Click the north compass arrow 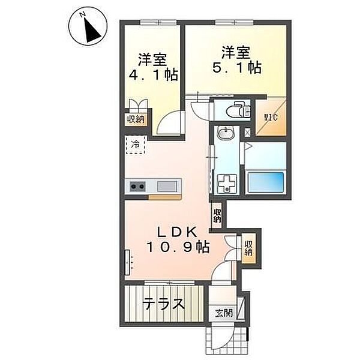pos(91,31)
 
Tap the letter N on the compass pos(82,14)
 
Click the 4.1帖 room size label pos(153,74)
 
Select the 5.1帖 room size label pos(237,67)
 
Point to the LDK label pos(177,232)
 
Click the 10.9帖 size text pos(178,247)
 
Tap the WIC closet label pos(271,118)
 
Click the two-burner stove pos(137,186)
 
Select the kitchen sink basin pos(167,186)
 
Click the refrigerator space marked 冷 pos(135,145)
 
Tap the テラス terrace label pos(163,304)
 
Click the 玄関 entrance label pos(224,313)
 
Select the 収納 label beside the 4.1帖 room pos(136,119)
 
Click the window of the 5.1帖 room pos(235,22)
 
